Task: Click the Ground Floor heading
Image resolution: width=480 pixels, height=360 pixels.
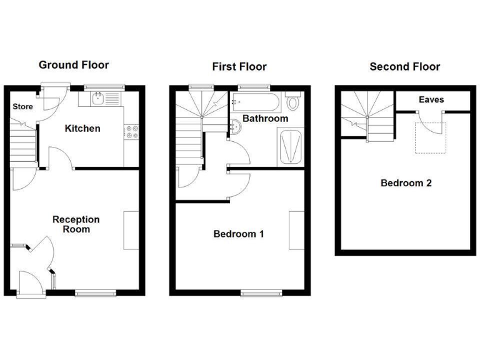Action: coord(74,65)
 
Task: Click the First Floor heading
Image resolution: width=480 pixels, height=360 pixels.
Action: coord(239,67)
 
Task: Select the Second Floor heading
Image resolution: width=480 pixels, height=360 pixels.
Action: coord(405,67)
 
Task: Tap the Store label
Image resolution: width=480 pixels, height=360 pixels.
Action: coord(23,107)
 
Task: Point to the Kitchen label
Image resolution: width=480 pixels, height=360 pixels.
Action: coord(82,129)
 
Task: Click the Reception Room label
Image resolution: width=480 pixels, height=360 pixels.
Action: coord(76,224)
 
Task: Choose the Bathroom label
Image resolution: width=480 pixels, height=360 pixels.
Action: coord(265,119)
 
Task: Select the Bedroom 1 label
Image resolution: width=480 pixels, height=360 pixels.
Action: coord(239,234)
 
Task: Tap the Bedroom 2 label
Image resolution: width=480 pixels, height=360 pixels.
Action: coord(406,184)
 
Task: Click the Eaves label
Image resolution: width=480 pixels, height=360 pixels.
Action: coord(431,100)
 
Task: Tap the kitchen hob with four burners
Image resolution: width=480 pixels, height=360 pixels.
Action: coord(132,132)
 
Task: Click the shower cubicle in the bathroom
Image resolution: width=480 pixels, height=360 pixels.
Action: coord(291,147)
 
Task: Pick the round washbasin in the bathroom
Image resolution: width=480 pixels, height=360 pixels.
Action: coord(236,127)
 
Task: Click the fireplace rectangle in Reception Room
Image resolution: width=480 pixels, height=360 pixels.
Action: coord(131,231)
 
